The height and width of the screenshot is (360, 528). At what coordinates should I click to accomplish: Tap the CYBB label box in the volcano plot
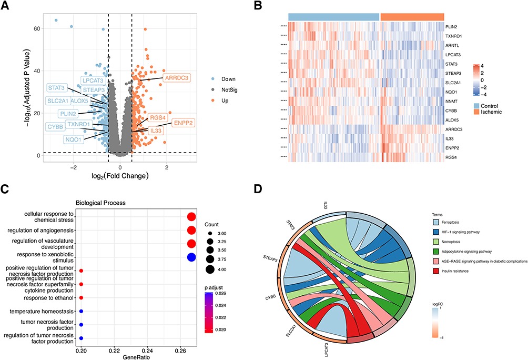pyautogui.click(x=55, y=126)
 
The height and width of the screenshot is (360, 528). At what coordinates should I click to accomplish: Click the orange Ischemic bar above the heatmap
pyautogui.click(x=412, y=17)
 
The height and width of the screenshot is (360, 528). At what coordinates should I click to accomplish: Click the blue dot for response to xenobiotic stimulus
pyautogui.click(x=191, y=257)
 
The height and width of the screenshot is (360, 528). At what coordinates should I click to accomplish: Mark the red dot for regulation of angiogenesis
pyautogui.click(x=191, y=230)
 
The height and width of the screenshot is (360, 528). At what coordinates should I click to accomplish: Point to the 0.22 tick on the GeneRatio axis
pyautogui.click(x=114, y=349)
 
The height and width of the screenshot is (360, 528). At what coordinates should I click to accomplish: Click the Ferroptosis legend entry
pyautogui.click(x=446, y=224)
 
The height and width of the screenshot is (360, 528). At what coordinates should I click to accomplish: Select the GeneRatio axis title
pyautogui.click(x=137, y=356)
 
